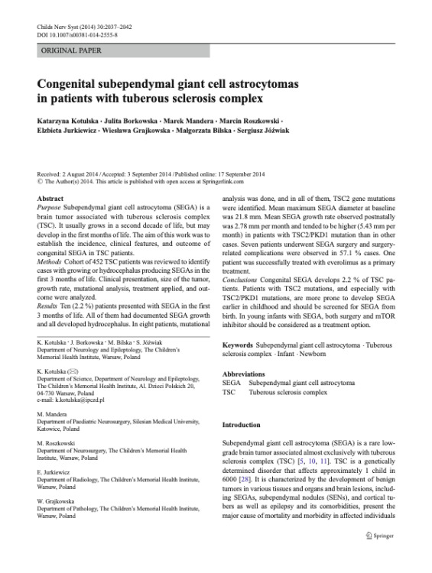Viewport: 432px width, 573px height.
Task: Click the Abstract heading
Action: click(50, 199)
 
